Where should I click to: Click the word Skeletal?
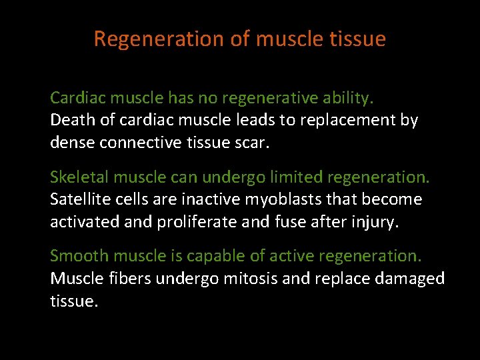click(79, 177)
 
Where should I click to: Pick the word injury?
click(376, 221)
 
